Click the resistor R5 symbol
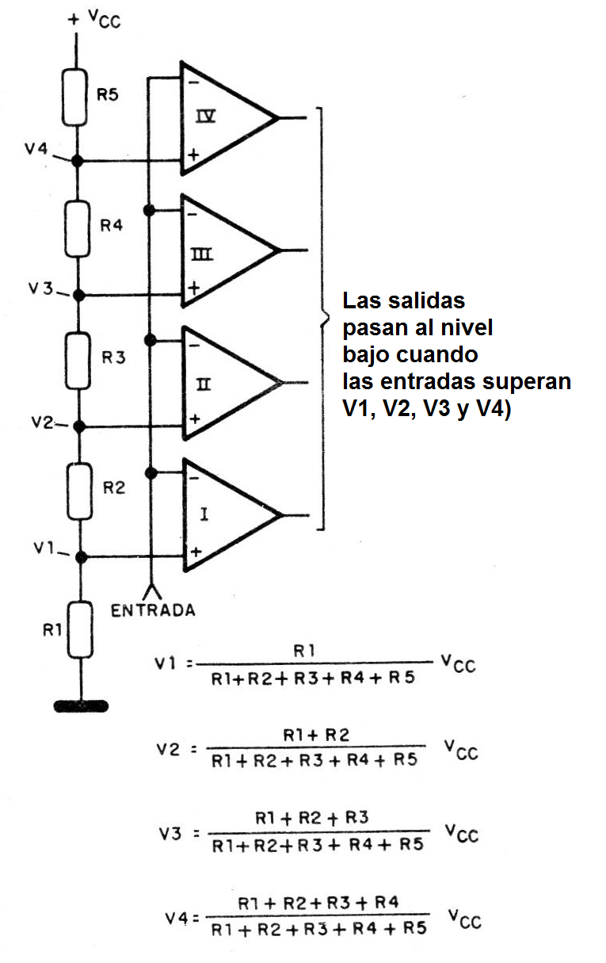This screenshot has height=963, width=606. [75, 97]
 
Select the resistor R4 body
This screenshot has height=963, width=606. [78, 229]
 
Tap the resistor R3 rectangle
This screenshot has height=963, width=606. [78, 361]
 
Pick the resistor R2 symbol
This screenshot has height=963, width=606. [79, 491]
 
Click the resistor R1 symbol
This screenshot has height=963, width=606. [81, 629]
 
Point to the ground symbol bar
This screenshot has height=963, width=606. [81, 706]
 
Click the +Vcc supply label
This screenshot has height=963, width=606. [94, 19]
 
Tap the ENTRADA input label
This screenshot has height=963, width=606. [153, 610]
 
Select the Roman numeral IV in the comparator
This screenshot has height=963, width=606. [205, 117]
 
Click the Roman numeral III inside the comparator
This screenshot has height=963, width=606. [201, 254]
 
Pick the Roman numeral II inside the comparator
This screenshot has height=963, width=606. [204, 384]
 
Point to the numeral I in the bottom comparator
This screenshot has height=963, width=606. [204, 514]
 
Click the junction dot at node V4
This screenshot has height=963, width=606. [77, 161]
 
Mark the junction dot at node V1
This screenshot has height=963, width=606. [81, 558]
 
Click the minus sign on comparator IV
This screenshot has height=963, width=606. [193, 82]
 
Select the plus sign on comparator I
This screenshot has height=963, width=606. [196, 552]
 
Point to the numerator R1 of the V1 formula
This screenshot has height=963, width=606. [304, 651]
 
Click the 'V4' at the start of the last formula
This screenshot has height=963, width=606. [177, 919]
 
